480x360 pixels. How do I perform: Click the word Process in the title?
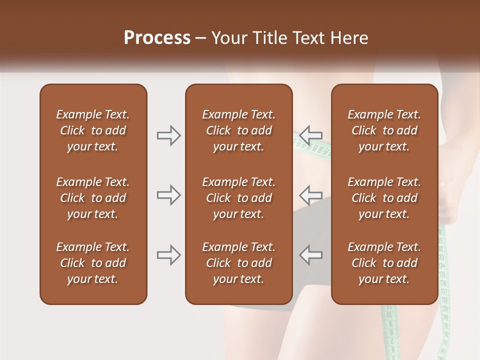pos(157,38)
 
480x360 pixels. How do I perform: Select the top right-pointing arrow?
pos(168,135)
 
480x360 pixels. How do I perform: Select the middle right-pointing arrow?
pos(168,195)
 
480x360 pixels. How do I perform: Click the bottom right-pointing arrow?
pos(168,255)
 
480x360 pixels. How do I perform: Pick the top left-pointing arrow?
pos(311,135)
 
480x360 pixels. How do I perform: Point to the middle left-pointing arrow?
pos(311,195)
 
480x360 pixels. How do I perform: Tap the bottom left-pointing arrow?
pos(311,255)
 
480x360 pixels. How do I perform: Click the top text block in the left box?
pos(93,130)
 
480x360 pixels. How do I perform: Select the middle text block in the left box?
pos(93,198)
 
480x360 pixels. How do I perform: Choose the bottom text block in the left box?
pos(93,263)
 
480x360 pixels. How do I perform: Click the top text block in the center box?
pos(239,130)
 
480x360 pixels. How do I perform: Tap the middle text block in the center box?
pos(239,198)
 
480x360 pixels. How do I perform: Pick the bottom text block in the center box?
pos(239,263)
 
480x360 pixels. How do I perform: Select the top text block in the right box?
pos(384,130)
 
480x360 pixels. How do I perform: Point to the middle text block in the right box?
pos(384,198)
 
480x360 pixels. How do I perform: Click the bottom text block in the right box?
pos(384,263)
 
